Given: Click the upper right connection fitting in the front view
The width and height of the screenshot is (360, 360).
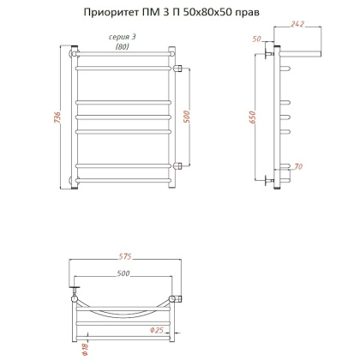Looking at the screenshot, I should pos(177,67).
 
